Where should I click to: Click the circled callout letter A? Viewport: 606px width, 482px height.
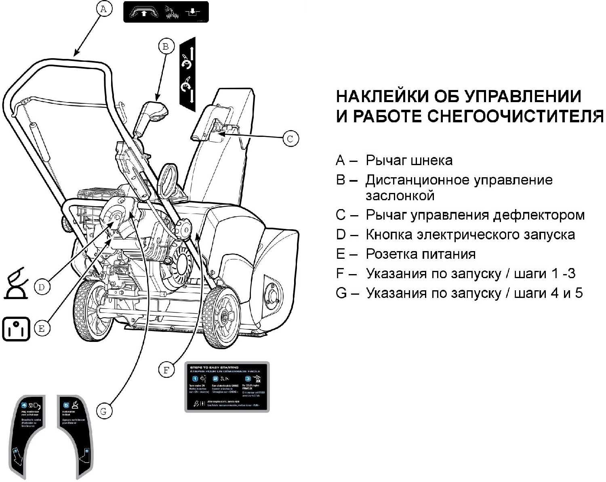(104, 9)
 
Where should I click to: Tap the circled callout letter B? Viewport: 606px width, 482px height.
(165, 46)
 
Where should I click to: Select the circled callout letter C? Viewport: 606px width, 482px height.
(290, 139)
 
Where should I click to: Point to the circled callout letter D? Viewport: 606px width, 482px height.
(42, 287)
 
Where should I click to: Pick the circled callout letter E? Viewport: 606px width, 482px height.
(42, 329)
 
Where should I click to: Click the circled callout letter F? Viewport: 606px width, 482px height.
(166, 370)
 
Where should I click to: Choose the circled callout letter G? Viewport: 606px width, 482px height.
(104, 411)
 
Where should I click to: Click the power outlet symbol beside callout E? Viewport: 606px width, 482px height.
(16, 329)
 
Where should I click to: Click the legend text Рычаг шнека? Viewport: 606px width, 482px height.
(409, 160)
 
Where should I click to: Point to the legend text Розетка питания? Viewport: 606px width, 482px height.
(420, 254)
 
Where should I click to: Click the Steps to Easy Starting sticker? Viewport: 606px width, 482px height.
(227, 387)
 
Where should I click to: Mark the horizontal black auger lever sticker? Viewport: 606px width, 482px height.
(166, 12)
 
